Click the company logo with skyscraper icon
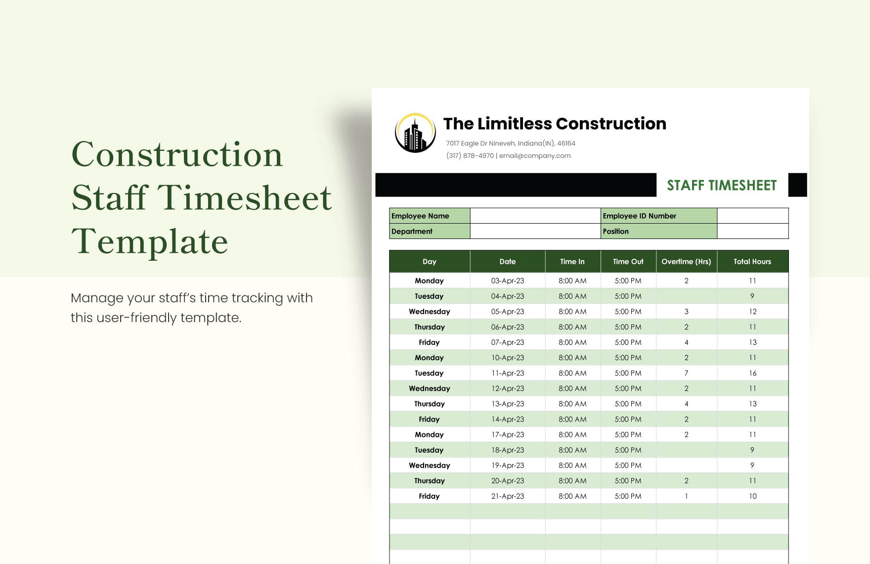pyautogui.click(x=415, y=133)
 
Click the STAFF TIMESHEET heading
pyautogui.click(x=722, y=186)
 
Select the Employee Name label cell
pyautogui.click(x=430, y=216)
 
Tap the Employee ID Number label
pyautogui.click(x=658, y=216)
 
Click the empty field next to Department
pyautogui.click(x=535, y=231)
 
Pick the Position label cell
pyautogui.click(x=658, y=231)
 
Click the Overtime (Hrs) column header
pyautogui.click(x=686, y=262)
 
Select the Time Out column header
pyautogui.click(x=628, y=262)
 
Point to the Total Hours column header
pyautogui.click(x=752, y=262)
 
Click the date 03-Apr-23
pyautogui.click(x=507, y=281)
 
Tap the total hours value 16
pyautogui.click(x=752, y=373)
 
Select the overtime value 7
pyautogui.click(x=686, y=373)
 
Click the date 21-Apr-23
pyautogui.click(x=507, y=496)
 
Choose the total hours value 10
pyautogui.click(x=752, y=496)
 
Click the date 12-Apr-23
pyautogui.click(x=507, y=388)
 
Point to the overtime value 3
pyautogui.click(x=686, y=312)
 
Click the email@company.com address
pyautogui.click(x=535, y=156)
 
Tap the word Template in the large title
pyautogui.click(x=150, y=242)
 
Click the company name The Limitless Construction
pyautogui.click(x=555, y=124)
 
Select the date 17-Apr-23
pyautogui.click(x=507, y=434)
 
